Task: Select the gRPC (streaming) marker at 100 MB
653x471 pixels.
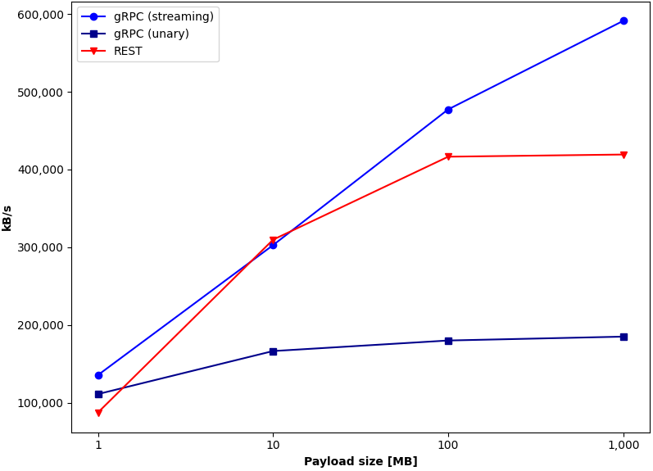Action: click(x=448, y=110)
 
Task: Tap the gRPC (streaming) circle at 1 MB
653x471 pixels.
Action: click(x=98, y=376)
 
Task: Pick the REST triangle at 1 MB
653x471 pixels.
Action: click(x=98, y=413)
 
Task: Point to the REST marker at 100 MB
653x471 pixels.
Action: click(x=448, y=156)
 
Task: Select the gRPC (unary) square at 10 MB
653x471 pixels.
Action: click(x=273, y=351)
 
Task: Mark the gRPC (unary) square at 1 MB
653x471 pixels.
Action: click(x=98, y=394)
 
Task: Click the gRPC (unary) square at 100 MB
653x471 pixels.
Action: click(x=448, y=341)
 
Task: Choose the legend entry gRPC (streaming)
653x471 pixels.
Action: click(x=164, y=16)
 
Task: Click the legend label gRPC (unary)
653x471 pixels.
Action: click(x=152, y=34)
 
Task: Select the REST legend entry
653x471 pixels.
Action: click(x=128, y=52)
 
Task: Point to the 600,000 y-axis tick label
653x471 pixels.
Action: click(x=40, y=15)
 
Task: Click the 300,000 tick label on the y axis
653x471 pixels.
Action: click(x=40, y=247)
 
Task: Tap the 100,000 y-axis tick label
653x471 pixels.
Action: click(x=40, y=404)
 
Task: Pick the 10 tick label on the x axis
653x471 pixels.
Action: click(x=273, y=445)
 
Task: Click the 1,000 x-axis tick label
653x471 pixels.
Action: click(x=624, y=446)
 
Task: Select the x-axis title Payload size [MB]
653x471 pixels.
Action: click(x=361, y=461)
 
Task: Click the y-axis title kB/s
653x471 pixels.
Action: click(x=7, y=218)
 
